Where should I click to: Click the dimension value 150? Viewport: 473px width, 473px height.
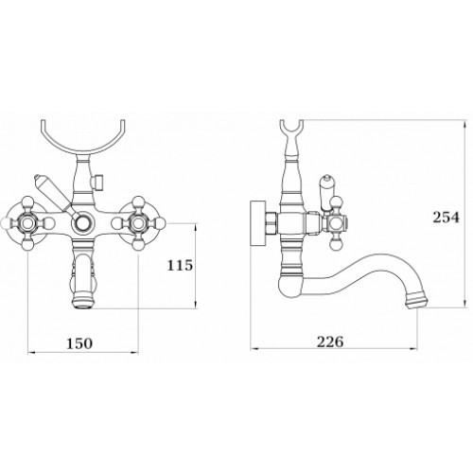coord(79,343)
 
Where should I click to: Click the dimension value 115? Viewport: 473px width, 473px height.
coord(180,265)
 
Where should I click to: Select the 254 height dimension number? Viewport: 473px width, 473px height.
coord(446,218)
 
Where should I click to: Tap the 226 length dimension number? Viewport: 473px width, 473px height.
coord(330,342)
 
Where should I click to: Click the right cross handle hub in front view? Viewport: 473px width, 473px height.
coord(138,223)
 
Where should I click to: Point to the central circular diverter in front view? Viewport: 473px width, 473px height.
coord(83,223)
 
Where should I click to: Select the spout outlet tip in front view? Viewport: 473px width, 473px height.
coord(83,303)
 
